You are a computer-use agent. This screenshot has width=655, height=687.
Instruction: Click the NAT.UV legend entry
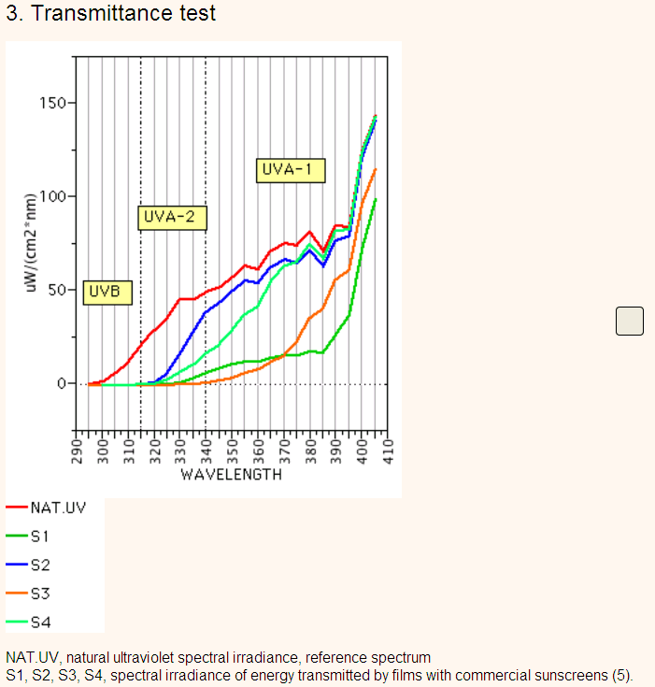point(54,508)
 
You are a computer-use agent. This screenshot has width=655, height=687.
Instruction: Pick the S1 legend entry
point(39,537)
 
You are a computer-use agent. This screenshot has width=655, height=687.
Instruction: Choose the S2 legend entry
point(39,565)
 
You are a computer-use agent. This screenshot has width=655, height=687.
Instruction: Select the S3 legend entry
point(39,593)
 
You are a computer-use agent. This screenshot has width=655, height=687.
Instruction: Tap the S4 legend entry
point(39,621)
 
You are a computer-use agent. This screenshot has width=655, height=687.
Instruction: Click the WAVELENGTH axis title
point(232,475)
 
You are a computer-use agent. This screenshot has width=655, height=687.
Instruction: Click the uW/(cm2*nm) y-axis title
point(31,243)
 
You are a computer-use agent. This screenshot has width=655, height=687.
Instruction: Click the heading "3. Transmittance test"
point(110,13)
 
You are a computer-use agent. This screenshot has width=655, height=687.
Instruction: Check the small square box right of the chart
point(630,321)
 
